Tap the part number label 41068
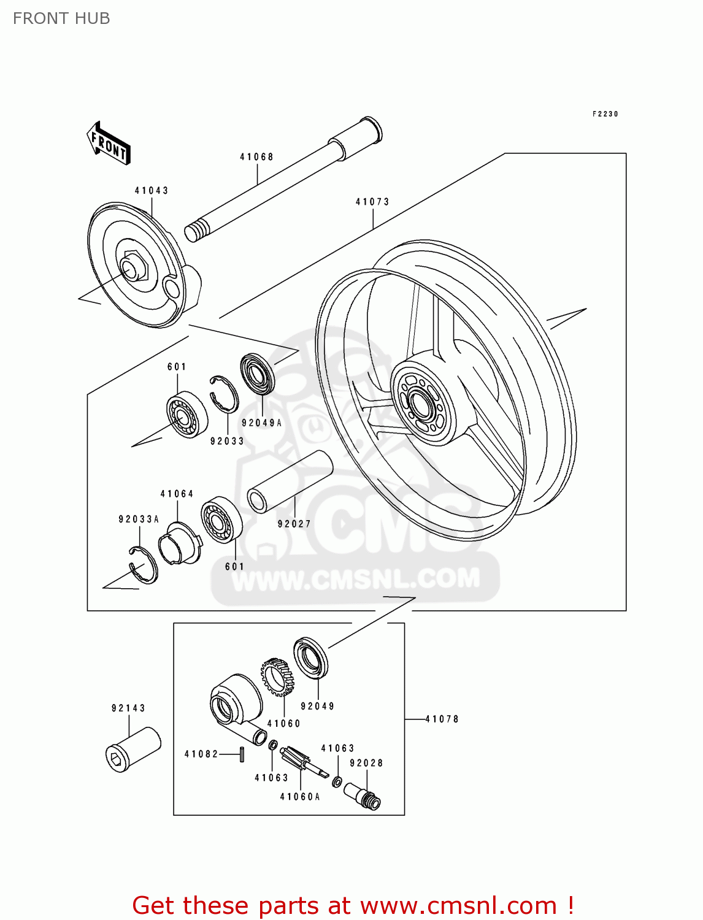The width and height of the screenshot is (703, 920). (256, 157)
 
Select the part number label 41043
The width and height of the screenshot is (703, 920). (152, 191)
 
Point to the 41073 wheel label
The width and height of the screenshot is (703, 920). (372, 202)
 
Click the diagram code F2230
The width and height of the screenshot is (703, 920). (605, 114)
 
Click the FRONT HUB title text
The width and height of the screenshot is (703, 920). (61, 18)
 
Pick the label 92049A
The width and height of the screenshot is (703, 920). (262, 423)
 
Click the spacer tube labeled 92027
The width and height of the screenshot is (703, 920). (290, 482)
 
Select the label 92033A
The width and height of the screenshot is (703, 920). (139, 519)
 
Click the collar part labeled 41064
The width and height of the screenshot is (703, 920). (180, 543)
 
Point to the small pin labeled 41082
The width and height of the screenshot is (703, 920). (242, 754)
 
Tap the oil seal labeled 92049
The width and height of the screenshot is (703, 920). (311, 659)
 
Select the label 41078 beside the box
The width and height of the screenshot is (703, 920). (442, 719)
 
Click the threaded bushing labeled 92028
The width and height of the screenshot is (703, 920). (363, 795)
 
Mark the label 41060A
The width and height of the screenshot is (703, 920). (300, 797)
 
